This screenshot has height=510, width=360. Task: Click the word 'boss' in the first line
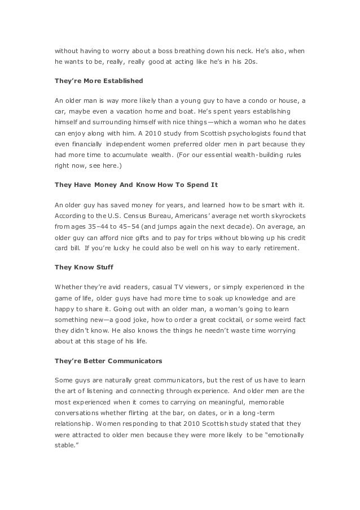[169, 51]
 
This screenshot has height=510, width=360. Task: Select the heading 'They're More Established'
[99, 81]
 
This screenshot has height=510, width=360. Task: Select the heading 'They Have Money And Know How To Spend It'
[136, 185]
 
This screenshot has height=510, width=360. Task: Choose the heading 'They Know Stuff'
[81, 267]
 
